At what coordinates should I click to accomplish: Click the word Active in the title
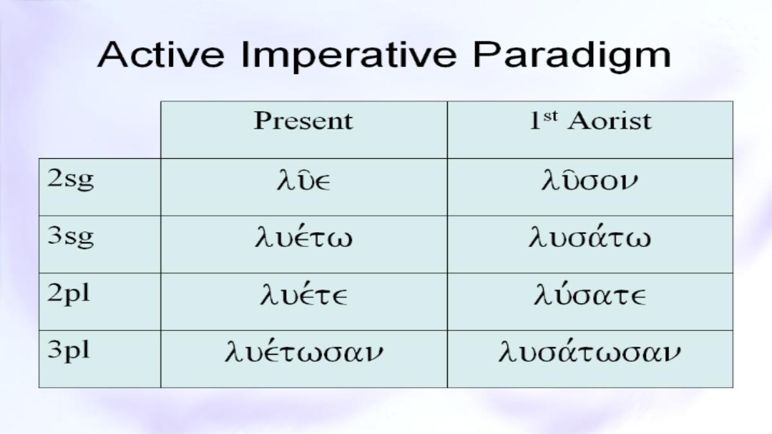[161, 55]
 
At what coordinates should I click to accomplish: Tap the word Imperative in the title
[349, 57]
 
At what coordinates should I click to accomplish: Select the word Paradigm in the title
[572, 57]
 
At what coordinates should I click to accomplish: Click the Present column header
[303, 121]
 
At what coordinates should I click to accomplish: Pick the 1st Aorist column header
[591, 121]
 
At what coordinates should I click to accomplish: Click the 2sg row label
[70, 180]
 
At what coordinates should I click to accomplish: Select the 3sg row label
[70, 237]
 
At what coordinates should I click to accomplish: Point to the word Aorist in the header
[610, 122]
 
